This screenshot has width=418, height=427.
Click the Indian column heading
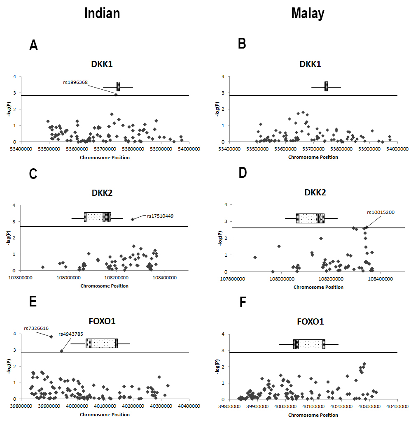pyautogui.click(x=102, y=13)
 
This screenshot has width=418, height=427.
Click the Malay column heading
pyautogui.click(x=308, y=13)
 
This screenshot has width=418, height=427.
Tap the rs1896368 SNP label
pyautogui.click(x=75, y=82)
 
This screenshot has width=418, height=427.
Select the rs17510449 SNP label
pyautogui.click(x=160, y=215)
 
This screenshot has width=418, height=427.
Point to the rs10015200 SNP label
pyautogui.click(x=381, y=212)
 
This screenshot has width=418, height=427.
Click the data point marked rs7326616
pyautogui.click(x=51, y=336)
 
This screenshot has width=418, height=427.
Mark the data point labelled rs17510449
pyautogui.click(x=133, y=219)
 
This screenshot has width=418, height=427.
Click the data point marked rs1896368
pyautogui.click(x=116, y=95)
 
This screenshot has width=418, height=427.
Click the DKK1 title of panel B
pyautogui.click(x=310, y=64)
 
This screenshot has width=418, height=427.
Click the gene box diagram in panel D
pyautogui.click(x=310, y=218)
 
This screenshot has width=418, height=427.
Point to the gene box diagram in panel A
pyautogui.click(x=118, y=87)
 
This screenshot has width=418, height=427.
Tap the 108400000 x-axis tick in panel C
pyautogui.click(x=165, y=278)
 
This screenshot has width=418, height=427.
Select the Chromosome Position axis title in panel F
pyautogui.click(x=313, y=415)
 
